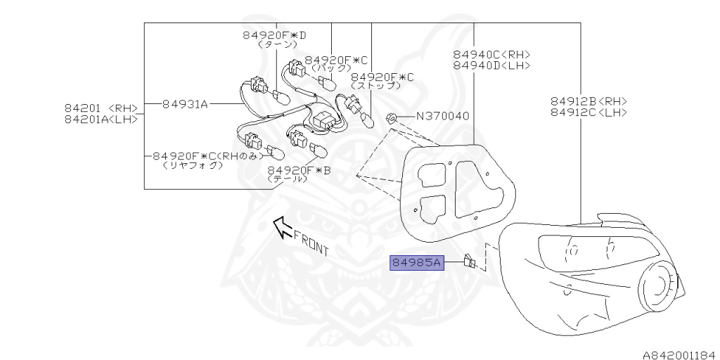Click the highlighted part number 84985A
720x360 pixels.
[x=416, y=264]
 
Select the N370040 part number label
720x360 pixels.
[x=442, y=116]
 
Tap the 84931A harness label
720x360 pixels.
[x=185, y=104]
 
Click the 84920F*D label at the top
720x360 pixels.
[x=275, y=34]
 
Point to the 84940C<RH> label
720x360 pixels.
[x=491, y=54]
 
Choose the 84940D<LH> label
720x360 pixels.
[x=491, y=65]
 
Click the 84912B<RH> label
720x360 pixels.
[x=589, y=101]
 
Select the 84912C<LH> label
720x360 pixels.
[x=589, y=112]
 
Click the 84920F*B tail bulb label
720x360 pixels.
[x=299, y=169]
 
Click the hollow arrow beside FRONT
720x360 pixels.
[x=283, y=226]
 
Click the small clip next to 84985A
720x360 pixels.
[x=470, y=264]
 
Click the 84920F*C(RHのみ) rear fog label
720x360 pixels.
[x=209, y=156]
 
